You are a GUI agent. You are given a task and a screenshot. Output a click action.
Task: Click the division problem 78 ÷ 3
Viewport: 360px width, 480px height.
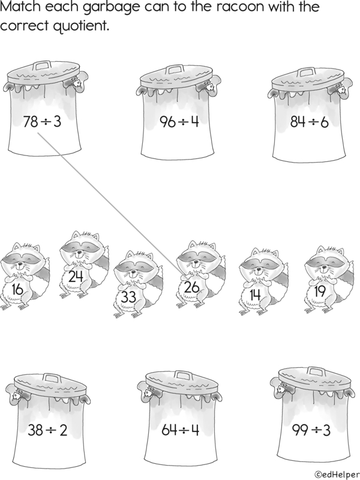[42, 121]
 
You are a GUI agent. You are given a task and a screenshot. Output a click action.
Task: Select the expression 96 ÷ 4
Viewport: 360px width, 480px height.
[179, 121]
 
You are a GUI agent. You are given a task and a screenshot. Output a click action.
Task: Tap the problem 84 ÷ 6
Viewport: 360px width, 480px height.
[309, 122]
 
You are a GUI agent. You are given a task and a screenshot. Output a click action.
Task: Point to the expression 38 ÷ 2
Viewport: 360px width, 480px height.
[47, 430]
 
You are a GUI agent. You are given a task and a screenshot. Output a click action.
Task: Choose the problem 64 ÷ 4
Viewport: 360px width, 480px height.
[181, 430]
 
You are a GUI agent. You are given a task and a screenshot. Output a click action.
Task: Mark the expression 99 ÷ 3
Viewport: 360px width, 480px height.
[311, 430]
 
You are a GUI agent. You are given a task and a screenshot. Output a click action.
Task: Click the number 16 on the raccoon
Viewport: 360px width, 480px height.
[17, 289]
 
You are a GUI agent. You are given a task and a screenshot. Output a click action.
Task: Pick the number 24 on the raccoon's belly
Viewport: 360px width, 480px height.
[76, 277]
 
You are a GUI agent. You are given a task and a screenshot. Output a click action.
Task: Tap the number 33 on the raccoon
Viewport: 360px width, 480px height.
[128, 297]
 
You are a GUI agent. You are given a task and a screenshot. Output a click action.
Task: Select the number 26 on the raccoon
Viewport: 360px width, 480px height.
[191, 287]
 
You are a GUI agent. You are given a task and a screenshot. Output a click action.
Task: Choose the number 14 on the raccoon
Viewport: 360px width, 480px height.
[254, 295]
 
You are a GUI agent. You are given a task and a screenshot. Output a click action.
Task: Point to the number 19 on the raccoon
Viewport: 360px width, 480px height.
[320, 291]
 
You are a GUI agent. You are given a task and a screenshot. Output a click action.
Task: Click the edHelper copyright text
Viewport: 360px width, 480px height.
[337, 475]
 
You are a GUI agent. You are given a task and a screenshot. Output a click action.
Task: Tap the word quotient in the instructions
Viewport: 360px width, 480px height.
[81, 26]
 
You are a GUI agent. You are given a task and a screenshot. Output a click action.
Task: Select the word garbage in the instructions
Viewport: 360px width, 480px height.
[111, 7]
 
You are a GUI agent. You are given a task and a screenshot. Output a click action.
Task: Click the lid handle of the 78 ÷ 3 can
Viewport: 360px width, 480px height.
[42, 65]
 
